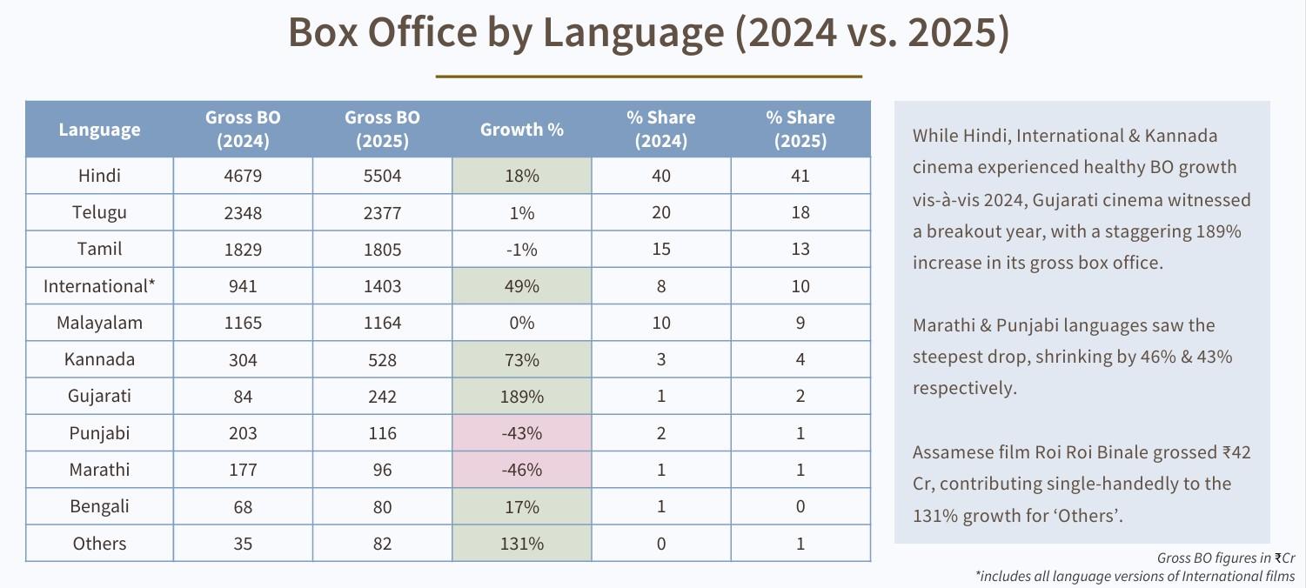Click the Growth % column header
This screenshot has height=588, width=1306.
[521, 130]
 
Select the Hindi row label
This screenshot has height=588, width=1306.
[99, 176]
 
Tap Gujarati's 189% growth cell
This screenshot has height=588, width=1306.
[521, 397]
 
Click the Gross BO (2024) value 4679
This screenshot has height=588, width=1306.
[243, 176]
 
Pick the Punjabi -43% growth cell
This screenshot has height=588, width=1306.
[521, 433]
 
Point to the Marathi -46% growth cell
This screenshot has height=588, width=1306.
[521, 470]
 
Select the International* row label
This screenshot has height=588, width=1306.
[99, 286]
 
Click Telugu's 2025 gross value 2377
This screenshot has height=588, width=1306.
[382, 213]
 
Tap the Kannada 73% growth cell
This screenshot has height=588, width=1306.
[521, 360]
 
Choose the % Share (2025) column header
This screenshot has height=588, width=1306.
[800, 129]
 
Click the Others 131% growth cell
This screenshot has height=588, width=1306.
[521, 544]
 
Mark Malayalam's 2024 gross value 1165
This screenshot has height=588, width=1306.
[243, 323]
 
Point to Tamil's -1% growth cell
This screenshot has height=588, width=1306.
[521, 250]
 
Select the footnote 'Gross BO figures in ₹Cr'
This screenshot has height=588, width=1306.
[1225, 558]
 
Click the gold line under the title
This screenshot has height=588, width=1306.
[648, 77]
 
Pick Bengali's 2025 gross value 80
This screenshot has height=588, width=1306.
[382, 507]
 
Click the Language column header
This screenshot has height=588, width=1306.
[99, 130]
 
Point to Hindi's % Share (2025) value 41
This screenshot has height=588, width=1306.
[800, 176]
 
